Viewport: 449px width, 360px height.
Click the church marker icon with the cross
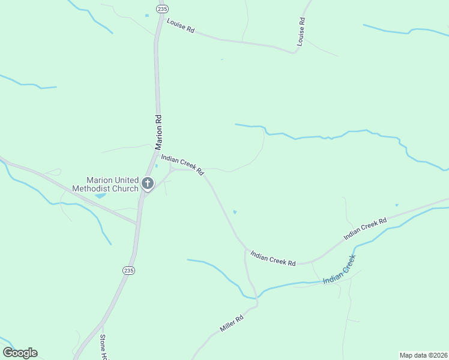point(148,183)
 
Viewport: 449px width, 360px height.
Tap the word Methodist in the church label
point(96,188)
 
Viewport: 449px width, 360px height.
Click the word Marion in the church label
point(100,180)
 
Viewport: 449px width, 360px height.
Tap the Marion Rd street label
point(158,132)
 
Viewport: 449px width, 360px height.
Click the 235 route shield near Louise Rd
point(161,8)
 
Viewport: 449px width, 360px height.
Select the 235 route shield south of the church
point(128,271)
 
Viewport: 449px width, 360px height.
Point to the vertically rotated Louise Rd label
point(301,32)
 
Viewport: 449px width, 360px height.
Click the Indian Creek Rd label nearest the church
point(182,164)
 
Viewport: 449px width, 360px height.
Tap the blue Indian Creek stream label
point(340,271)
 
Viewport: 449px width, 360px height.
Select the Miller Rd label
point(231,323)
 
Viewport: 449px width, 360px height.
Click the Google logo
point(20,353)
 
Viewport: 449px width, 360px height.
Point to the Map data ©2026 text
point(424,355)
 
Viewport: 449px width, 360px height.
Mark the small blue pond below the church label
point(100,196)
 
